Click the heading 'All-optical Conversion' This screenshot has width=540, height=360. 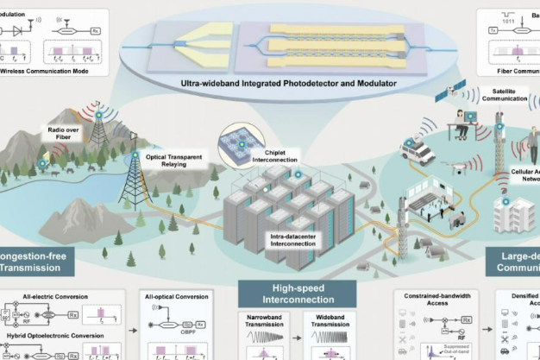(x=177, y=295)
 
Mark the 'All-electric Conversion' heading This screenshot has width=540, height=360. (x=47, y=295)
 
